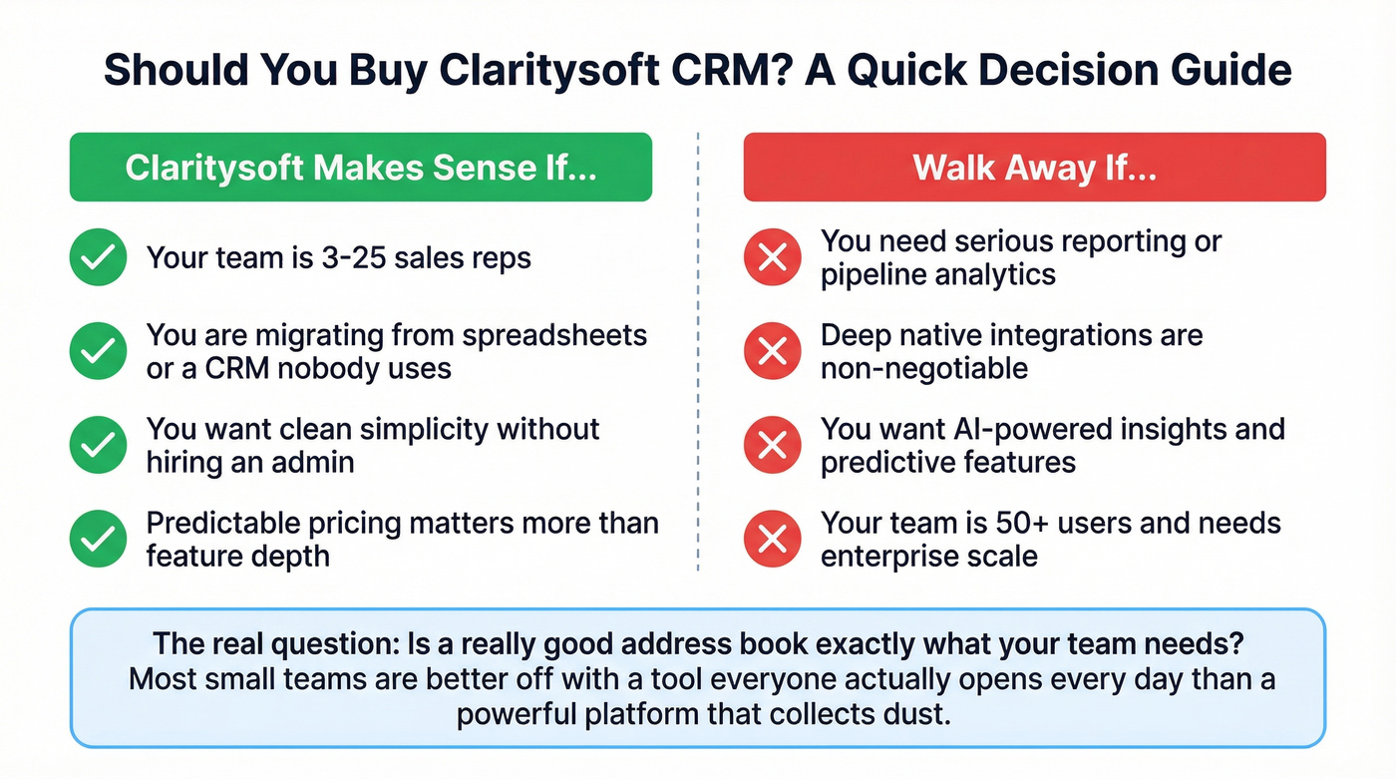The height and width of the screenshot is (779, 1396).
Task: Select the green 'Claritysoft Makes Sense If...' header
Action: point(360,167)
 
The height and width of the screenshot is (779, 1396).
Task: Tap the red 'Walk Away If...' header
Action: point(1034,167)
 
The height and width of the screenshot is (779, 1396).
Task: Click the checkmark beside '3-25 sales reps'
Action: point(98,258)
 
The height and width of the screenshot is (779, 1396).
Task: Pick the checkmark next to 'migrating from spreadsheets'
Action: point(98,351)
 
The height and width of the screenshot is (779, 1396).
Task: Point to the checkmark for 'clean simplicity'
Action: point(98,445)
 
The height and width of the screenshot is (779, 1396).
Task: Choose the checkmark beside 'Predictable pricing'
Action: point(98,539)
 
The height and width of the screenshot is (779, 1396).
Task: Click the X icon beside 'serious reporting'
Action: point(773,258)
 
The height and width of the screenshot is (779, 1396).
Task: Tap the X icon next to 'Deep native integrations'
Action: point(773,351)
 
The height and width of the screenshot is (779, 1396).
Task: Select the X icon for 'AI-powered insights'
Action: point(773,445)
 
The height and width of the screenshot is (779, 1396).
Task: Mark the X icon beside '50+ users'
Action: point(773,539)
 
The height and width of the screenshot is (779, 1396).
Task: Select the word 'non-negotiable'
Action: point(923,368)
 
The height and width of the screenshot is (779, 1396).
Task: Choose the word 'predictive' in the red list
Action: point(885,462)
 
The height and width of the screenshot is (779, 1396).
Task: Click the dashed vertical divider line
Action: point(698,349)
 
